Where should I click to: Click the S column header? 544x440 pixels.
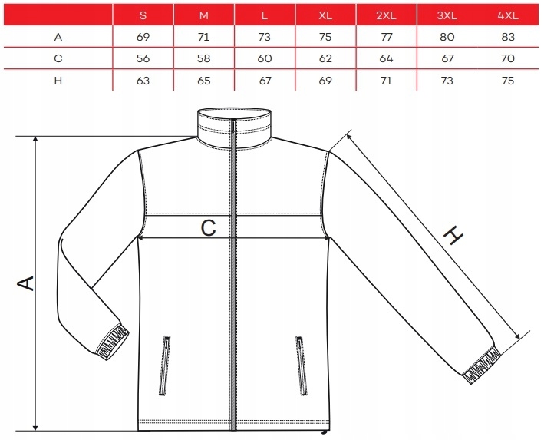coord(143,15)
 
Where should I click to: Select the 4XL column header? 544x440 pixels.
coord(507,15)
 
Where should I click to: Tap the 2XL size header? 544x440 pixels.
coord(386,15)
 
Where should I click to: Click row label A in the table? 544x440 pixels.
coord(58,36)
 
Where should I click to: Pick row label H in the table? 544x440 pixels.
coord(58,81)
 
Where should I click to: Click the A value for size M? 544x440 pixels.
coord(204,36)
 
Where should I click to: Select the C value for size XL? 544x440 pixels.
coord(326,58)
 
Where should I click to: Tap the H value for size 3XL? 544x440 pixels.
coord(447,81)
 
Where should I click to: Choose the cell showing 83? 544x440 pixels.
coord(507,36)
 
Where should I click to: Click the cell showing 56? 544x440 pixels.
coord(143,58)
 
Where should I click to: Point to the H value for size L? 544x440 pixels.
coord(265,81)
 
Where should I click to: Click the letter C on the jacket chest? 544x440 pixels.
coord(208,227)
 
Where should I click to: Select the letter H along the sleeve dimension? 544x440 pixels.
coord(454,237)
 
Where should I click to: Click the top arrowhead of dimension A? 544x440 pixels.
coord(35,141)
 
